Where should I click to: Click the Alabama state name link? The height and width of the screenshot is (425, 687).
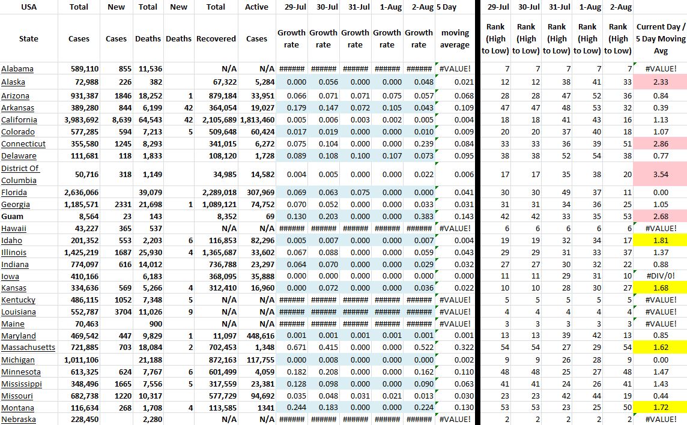pyautogui.click(x=17, y=69)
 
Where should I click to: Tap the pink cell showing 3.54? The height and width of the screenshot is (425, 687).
pyautogui.click(x=660, y=175)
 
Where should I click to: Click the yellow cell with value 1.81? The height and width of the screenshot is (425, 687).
pyautogui.click(x=660, y=241)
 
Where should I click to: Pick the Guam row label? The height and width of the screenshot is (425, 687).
pyautogui.click(x=13, y=217)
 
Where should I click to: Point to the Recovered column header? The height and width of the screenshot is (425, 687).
pyautogui.click(x=216, y=38)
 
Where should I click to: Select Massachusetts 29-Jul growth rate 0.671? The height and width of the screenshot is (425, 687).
pyautogui.click(x=291, y=348)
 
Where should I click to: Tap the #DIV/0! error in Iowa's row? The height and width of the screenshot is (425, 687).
pyautogui.click(x=660, y=277)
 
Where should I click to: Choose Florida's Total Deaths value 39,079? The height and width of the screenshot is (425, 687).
pyautogui.click(x=148, y=193)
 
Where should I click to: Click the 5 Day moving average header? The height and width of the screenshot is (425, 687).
pyautogui.click(x=455, y=38)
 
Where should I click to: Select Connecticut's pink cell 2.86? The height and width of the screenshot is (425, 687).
pyautogui.click(x=660, y=144)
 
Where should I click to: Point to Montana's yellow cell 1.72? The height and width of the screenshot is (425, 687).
pyautogui.click(x=660, y=408)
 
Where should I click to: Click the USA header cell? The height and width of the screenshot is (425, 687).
pyautogui.click(x=28, y=7)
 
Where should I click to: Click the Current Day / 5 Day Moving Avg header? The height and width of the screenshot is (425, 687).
pyautogui.click(x=660, y=38)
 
